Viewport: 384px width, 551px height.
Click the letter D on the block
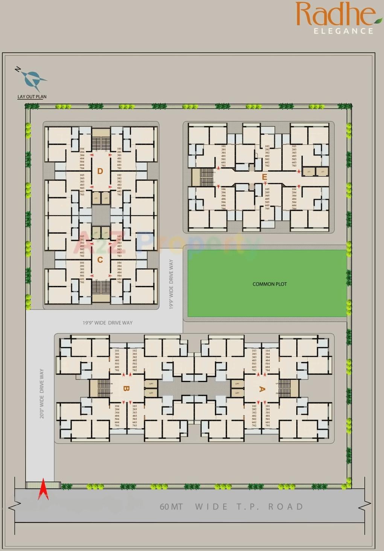click(100, 171)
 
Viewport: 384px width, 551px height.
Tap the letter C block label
click(100, 260)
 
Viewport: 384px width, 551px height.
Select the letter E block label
click(264, 177)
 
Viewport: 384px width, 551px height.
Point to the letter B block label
click(126, 389)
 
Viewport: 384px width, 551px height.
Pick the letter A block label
click(262, 389)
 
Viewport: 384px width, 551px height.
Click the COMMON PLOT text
click(270, 284)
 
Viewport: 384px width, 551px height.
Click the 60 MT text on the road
click(171, 507)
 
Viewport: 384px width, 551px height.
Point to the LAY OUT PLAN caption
click(32, 97)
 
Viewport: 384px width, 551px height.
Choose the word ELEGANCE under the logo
click(343, 31)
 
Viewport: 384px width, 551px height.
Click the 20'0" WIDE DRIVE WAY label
click(42, 393)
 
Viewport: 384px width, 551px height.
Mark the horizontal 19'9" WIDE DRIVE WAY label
click(108, 323)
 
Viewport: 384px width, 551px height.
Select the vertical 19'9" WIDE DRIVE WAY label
click(171, 284)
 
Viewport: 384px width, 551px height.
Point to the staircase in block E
click(207, 177)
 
